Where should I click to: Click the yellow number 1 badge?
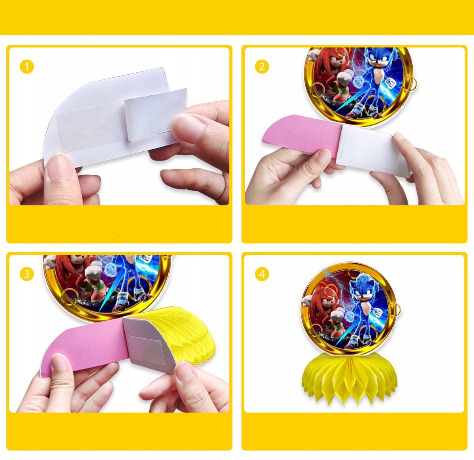pyautogui.click(x=27, y=66)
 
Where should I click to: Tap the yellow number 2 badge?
pyautogui.click(x=262, y=66)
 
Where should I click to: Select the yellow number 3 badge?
pyautogui.click(x=27, y=274)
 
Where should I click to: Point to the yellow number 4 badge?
pyautogui.click(x=262, y=274)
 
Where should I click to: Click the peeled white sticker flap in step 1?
pyautogui.click(x=155, y=114)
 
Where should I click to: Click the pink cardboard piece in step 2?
pyautogui.click(x=303, y=135)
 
